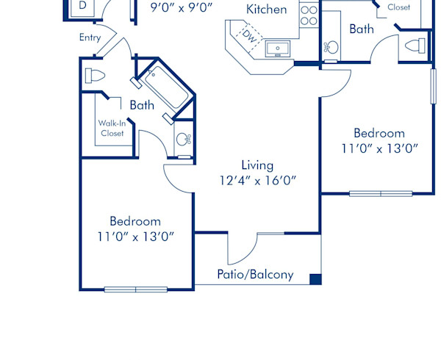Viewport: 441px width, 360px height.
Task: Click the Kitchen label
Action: (266, 10)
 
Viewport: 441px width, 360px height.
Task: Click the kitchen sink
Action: (279, 49)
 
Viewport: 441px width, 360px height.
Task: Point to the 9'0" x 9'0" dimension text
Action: (181, 8)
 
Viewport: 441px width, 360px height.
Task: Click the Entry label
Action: (90, 37)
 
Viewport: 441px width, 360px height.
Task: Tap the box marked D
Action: (82, 6)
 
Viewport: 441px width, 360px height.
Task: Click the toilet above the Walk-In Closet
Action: (94, 76)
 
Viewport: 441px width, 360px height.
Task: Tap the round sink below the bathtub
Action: (184, 140)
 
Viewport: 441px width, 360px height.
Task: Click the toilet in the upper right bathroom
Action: (415, 46)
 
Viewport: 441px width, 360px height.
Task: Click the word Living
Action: (257, 165)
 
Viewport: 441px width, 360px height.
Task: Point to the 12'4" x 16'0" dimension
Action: (257, 180)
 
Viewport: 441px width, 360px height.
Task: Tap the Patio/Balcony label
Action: (255, 275)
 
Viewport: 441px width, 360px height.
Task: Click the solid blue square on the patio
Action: (315, 278)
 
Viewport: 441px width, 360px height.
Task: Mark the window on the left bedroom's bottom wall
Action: (135, 289)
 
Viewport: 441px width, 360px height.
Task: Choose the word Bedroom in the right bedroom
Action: (379, 133)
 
